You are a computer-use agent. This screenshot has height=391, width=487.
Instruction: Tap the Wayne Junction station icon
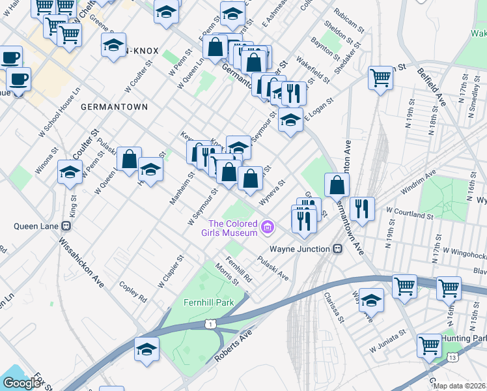pyautogui.click(x=337, y=249)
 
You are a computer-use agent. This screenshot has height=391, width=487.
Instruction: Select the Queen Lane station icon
pyautogui.click(x=66, y=227)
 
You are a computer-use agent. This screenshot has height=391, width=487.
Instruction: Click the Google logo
pyautogui.click(x=21, y=383)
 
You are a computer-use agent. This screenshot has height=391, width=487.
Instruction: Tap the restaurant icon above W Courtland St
pyautogui.click(x=361, y=209)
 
